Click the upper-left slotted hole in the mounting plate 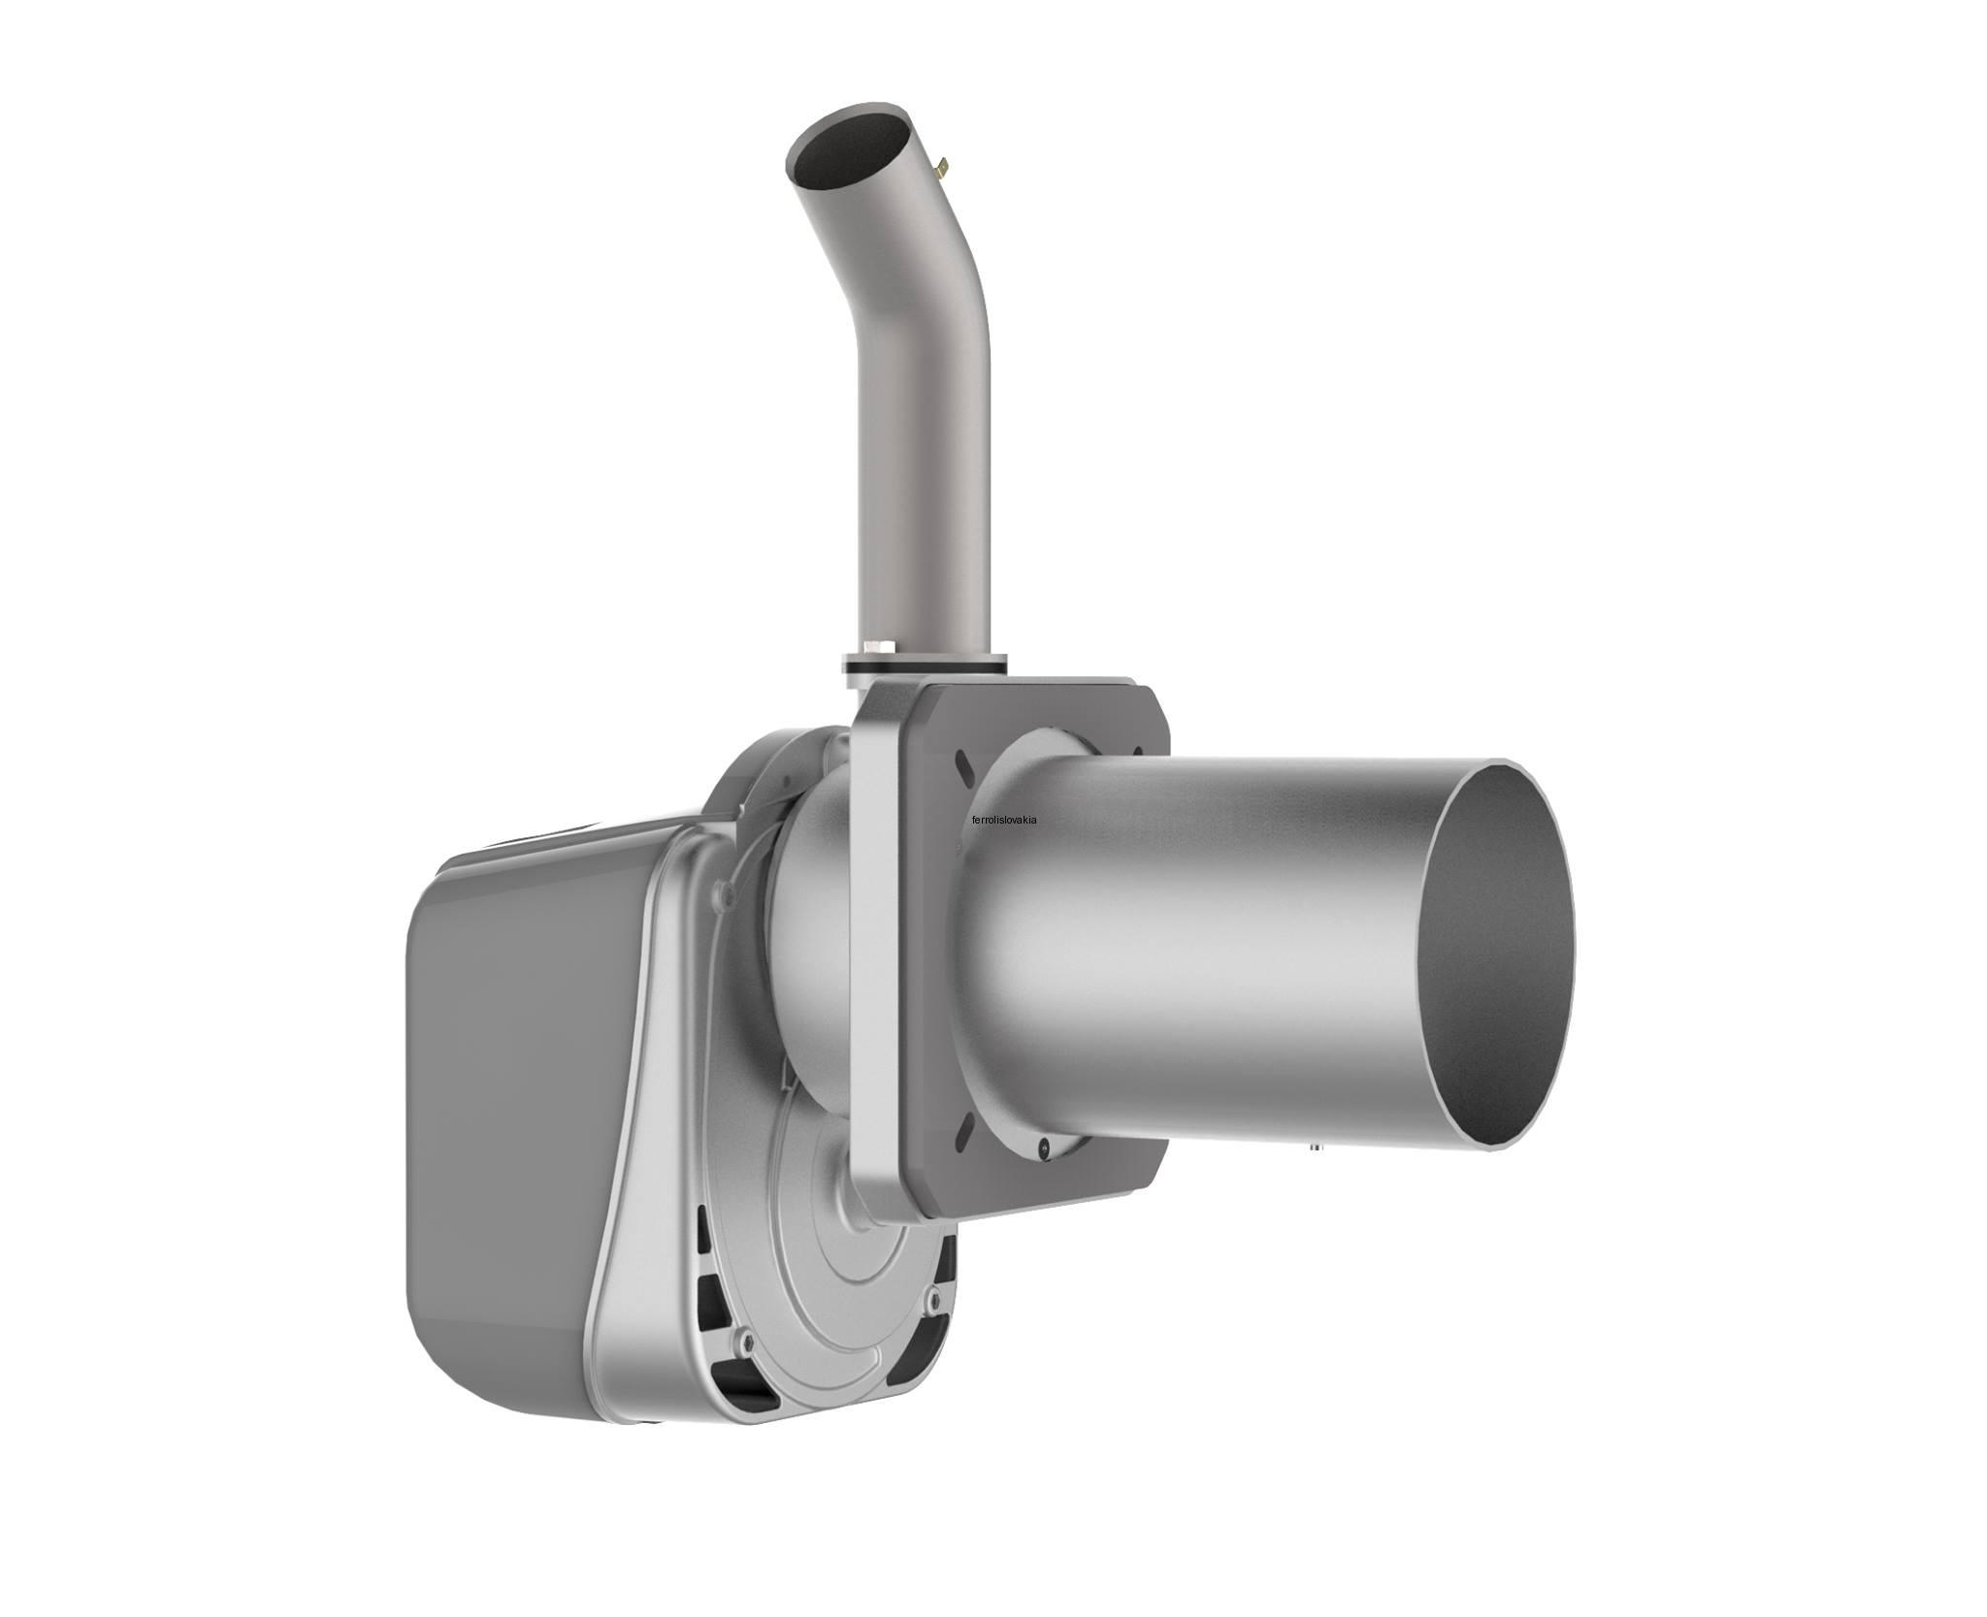click(x=962, y=764)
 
